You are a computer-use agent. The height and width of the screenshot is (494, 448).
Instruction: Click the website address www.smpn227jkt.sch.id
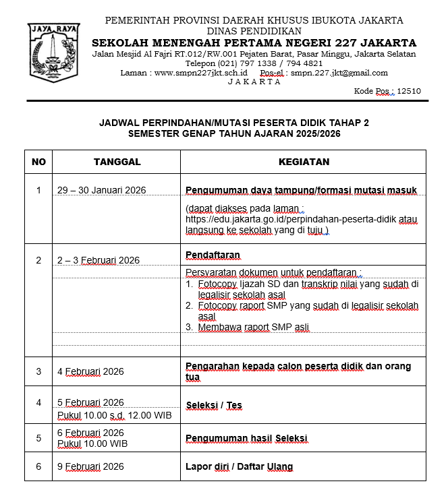201,73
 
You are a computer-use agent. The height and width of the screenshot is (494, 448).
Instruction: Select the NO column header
39,162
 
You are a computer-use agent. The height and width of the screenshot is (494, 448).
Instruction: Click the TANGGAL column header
117,162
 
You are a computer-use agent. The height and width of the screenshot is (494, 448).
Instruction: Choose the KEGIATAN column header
304,162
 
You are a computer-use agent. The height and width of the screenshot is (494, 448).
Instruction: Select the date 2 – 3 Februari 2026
99,260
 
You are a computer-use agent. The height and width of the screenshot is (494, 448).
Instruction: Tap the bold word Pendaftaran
213,255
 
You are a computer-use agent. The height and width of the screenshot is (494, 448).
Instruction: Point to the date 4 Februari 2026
90,371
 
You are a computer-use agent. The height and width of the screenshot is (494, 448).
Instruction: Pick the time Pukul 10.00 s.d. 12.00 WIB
114,415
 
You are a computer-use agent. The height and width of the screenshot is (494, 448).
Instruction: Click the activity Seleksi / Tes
214,405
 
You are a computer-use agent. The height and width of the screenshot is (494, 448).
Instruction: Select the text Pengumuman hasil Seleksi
246,439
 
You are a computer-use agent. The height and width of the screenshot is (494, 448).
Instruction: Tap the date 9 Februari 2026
90,466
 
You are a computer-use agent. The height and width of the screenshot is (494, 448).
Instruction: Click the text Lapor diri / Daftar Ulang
240,466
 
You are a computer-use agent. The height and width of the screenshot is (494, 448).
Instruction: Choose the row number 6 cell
39,466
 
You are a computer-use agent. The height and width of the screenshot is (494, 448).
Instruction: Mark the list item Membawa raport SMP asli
253,328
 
